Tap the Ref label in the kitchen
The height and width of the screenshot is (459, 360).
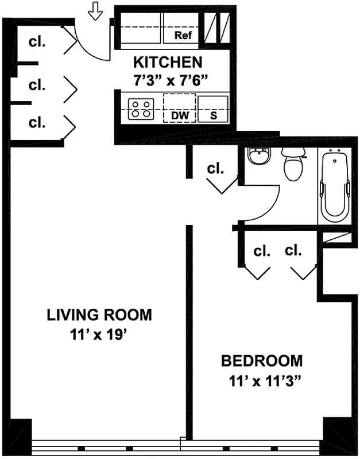click(183, 36)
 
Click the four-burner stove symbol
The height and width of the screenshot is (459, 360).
click(141, 109)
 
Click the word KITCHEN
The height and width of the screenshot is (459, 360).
click(168, 62)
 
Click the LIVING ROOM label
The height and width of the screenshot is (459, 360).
click(99, 314)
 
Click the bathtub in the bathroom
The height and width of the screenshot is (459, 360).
click(335, 185)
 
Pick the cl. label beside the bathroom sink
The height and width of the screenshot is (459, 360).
click(215, 169)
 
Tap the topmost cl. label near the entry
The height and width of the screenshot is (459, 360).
click(37, 42)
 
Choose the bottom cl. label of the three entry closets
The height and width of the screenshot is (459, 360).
click(37, 122)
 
